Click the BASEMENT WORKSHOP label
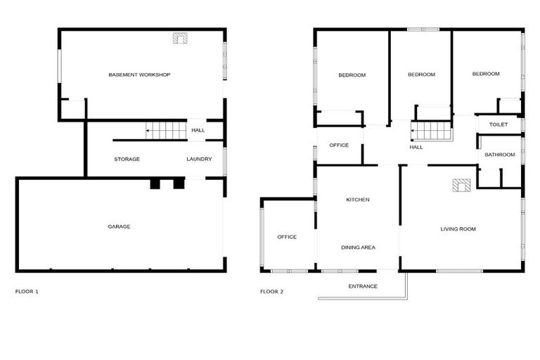[139, 75]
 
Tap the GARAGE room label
[119, 226]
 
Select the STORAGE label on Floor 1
[127, 159]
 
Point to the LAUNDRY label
[199, 159]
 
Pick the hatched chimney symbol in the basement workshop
[180, 39]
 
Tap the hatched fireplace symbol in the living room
[461, 186]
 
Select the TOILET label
[498, 124]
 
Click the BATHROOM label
[500, 155]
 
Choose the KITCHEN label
[357, 200]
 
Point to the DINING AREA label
[358, 247]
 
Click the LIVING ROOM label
[458, 229]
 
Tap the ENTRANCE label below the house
[363, 286]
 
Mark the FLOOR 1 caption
[27, 291]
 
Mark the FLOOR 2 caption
[271, 291]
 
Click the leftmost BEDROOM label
[352, 75]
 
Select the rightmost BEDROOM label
[485, 74]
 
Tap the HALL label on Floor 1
[198, 130]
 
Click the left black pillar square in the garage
[155, 184]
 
